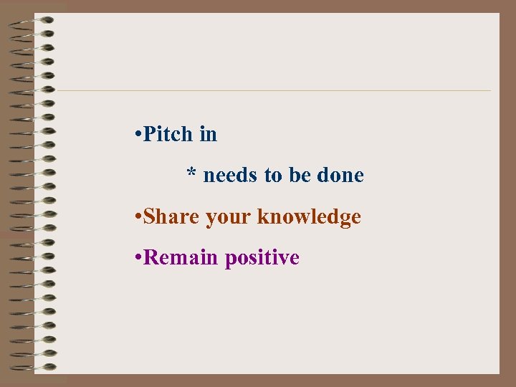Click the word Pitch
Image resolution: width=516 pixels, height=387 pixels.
point(168,134)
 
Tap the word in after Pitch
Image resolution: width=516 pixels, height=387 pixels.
point(209,134)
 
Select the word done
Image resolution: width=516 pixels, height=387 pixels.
point(340,175)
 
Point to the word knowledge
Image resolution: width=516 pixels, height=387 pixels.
point(309,217)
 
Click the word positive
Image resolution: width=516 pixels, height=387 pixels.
point(262,258)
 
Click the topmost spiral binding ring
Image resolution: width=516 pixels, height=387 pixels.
point(33,21)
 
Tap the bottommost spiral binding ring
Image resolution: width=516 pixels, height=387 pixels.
point(33,368)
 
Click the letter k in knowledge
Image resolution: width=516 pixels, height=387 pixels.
point(262,216)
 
